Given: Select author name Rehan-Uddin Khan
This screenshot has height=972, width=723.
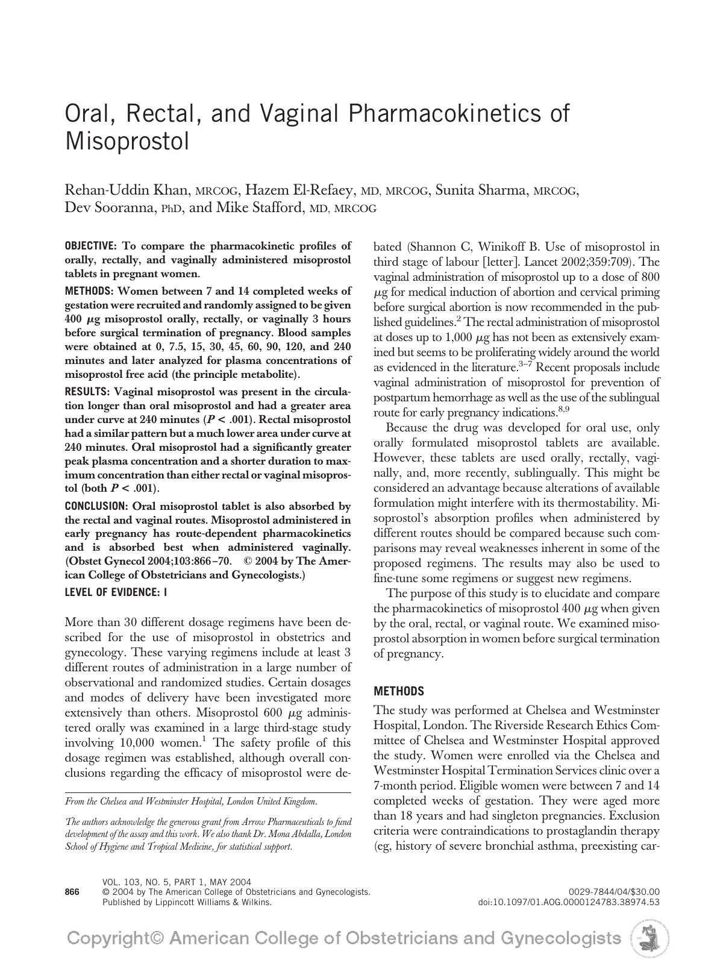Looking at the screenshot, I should pyautogui.click(x=127, y=190).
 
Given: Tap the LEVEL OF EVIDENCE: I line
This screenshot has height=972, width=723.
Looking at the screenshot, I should pyautogui.click(x=116, y=592).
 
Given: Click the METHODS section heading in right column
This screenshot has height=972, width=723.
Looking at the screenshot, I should pyautogui.click(x=399, y=691).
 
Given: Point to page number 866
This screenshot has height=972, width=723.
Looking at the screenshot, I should pyautogui.click(x=72, y=892).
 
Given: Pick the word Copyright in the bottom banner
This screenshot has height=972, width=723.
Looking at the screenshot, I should pyautogui.click(x=115, y=938).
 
